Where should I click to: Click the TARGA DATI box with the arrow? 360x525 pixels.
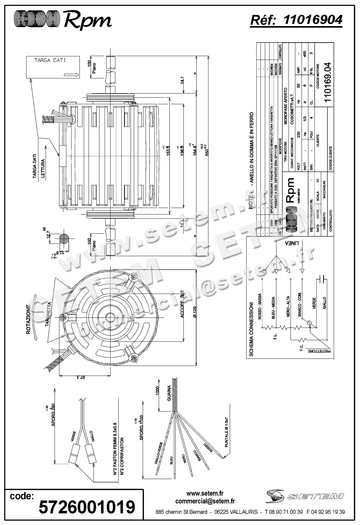pos(53,67)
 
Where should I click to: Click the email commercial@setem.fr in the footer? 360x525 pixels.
pos(205,501)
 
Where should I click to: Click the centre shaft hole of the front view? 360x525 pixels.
pos(109,317)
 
